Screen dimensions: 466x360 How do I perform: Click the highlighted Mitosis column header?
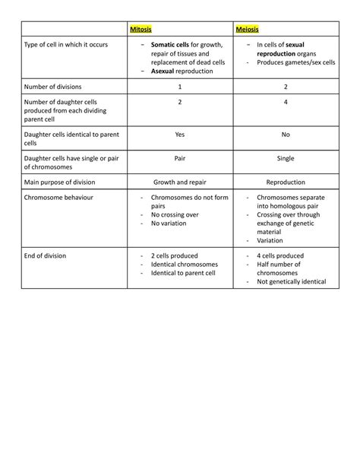[x=141, y=30]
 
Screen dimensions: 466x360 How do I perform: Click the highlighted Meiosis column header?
[x=247, y=30]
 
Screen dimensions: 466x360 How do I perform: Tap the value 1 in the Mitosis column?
[x=180, y=87]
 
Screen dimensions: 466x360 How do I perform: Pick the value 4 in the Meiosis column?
[x=286, y=101]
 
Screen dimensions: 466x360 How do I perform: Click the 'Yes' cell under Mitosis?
[x=180, y=134]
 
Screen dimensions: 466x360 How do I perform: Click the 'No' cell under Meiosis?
[x=286, y=134]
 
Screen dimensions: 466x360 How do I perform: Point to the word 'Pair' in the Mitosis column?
[x=180, y=158]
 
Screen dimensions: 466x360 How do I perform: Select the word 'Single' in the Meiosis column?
[x=286, y=158]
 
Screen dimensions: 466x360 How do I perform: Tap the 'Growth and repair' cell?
[x=180, y=182]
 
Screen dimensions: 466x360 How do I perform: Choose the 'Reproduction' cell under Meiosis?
[x=286, y=182]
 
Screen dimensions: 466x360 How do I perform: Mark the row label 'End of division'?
[x=45, y=255]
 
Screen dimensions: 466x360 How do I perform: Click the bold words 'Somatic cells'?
[x=170, y=45]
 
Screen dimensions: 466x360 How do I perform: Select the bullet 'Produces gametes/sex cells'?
[x=295, y=62]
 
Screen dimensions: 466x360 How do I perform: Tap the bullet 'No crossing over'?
[x=175, y=215]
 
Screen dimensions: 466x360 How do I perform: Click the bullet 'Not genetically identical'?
[x=291, y=282]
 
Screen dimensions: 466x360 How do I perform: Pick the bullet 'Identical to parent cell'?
[x=183, y=273]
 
